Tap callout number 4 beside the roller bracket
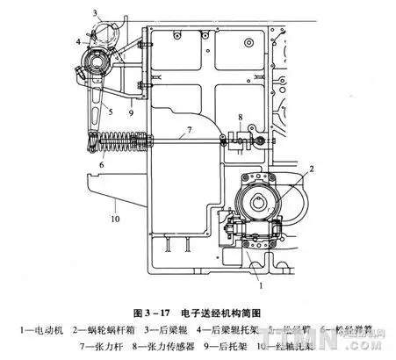pyautogui.click(x=78, y=41)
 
